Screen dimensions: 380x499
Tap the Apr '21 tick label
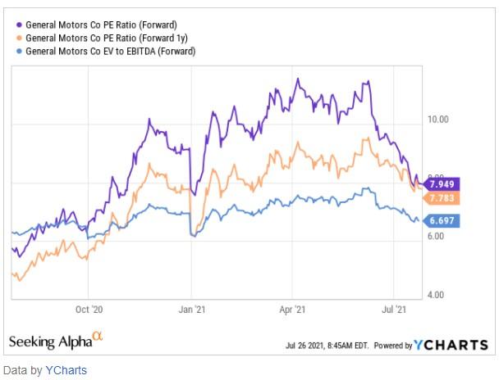pos(293,310)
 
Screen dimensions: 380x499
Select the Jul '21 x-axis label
pos(396,310)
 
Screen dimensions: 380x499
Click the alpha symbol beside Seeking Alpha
pos(98,336)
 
